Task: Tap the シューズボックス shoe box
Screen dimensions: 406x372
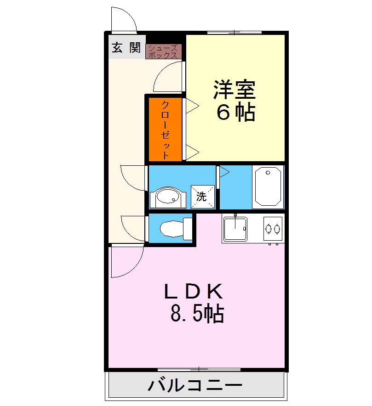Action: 163,51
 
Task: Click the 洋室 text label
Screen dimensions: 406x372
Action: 234,90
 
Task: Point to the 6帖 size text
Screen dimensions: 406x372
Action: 235,113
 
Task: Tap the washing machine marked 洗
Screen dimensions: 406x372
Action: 203,196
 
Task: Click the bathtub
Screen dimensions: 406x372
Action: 268,186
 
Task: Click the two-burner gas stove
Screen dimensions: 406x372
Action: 272,227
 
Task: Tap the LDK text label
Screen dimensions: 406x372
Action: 194,292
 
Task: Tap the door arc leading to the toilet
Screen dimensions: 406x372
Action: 133,227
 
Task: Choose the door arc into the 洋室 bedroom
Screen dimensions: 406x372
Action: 168,76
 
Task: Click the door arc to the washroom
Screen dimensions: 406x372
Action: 133,177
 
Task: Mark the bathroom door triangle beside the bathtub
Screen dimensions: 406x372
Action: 224,172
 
